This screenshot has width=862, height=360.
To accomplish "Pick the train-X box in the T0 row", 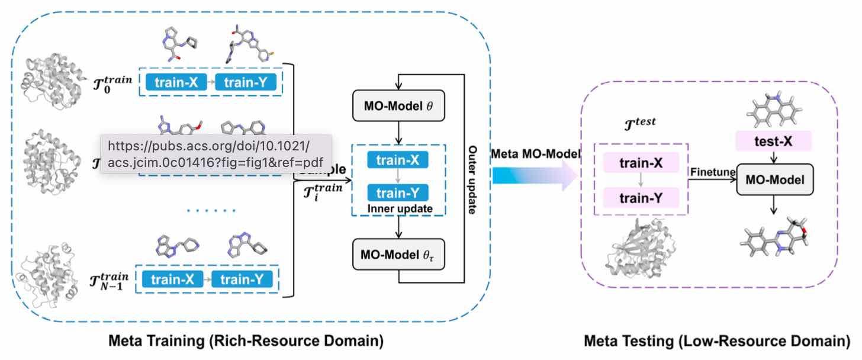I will click(172, 83).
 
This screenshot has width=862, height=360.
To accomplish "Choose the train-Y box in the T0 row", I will click(246, 83).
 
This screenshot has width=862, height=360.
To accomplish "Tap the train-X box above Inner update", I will click(397, 159).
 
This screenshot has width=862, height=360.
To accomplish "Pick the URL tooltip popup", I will click(215, 153).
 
